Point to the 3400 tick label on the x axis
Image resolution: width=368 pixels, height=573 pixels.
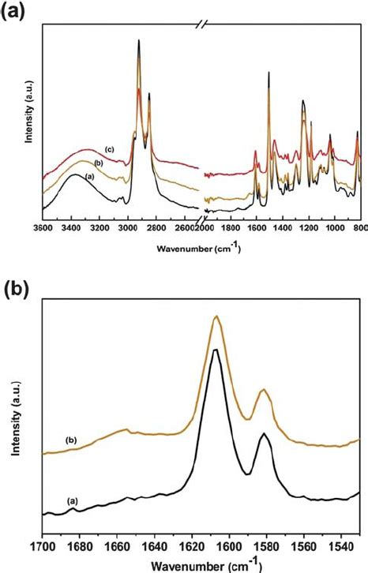coord(70,228)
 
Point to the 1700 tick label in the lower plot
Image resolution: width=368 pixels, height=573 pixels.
coord(42,545)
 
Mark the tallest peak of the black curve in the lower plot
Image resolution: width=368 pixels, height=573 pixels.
coord(215,349)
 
